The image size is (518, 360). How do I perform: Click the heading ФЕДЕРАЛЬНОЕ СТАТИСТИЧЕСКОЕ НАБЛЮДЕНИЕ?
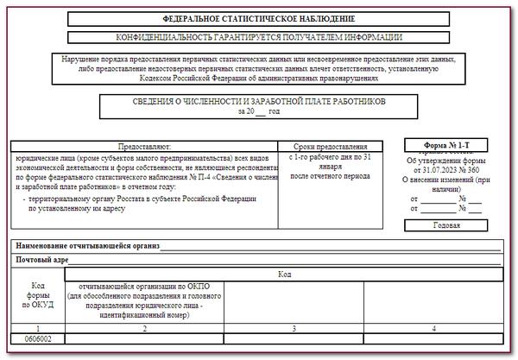pyautogui.click(x=259, y=19)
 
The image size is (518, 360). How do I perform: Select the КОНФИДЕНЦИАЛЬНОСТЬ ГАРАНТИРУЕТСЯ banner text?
pyautogui.click(x=259, y=36)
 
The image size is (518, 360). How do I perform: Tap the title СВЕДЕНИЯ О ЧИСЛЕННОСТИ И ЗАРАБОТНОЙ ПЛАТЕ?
pyautogui.click(x=259, y=102)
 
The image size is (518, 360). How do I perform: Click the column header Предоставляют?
pyautogui.click(x=144, y=147)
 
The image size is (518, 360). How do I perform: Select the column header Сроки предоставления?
pyautogui.click(x=331, y=147)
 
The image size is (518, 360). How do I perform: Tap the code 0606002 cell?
pyautogui.click(x=38, y=340)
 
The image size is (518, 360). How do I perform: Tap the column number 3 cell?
pyautogui.click(x=294, y=329)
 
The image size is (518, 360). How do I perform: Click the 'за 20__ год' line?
pyautogui.click(x=259, y=111)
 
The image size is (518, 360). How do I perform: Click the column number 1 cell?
pyautogui.click(x=38, y=329)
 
